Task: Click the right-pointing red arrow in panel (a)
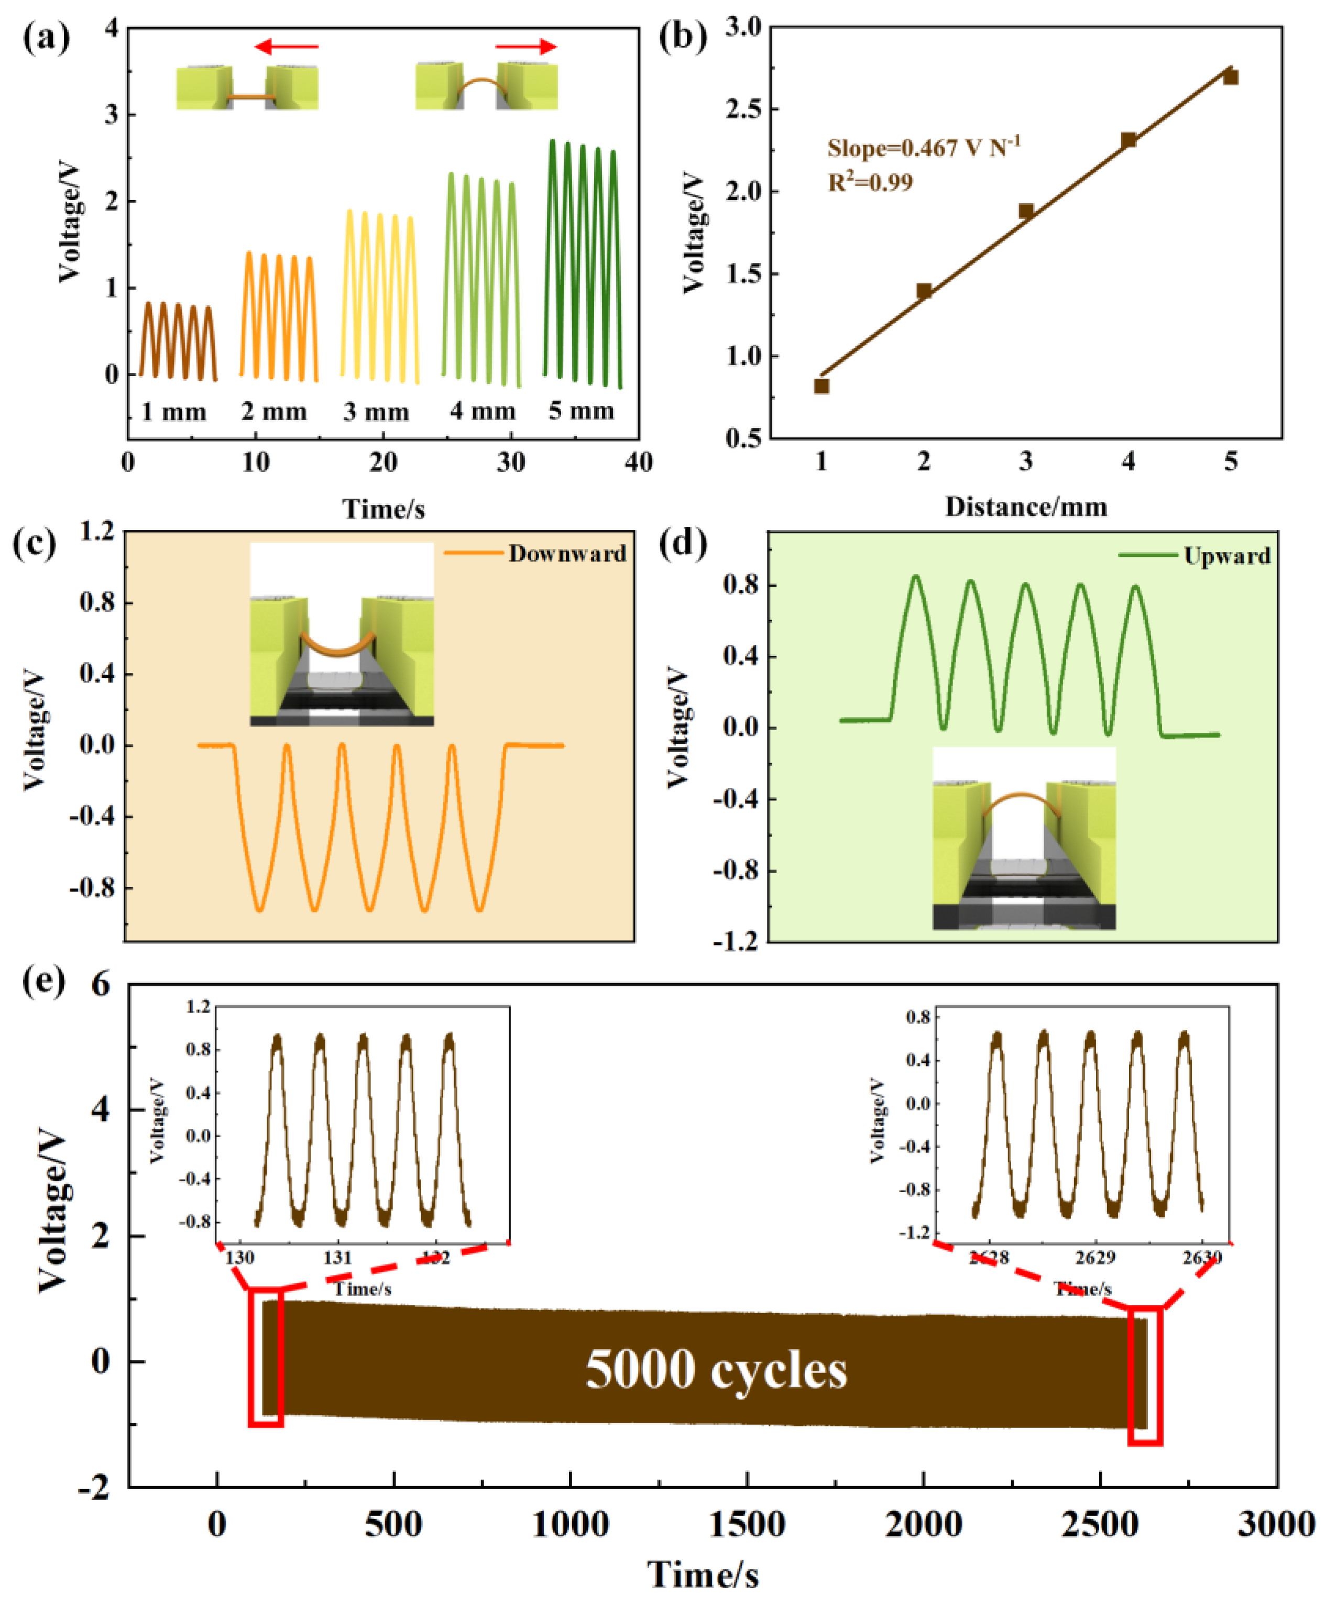tap(527, 47)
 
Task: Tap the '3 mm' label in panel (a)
tap(376, 412)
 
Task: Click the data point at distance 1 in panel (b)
tap(821, 387)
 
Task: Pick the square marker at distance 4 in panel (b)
tap(1128, 140)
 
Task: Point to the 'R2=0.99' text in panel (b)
tap(870, 182)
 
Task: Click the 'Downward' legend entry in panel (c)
tap(567, 554)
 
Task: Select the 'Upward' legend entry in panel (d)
tap(1226, 556)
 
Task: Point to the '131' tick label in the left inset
tap(337, 1258)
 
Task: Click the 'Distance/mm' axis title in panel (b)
tap(1026, 507)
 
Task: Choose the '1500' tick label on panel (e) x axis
tap(747, 1525)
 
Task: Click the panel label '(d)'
tap(682, 544)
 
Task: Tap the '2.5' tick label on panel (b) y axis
tap(743, 108)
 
